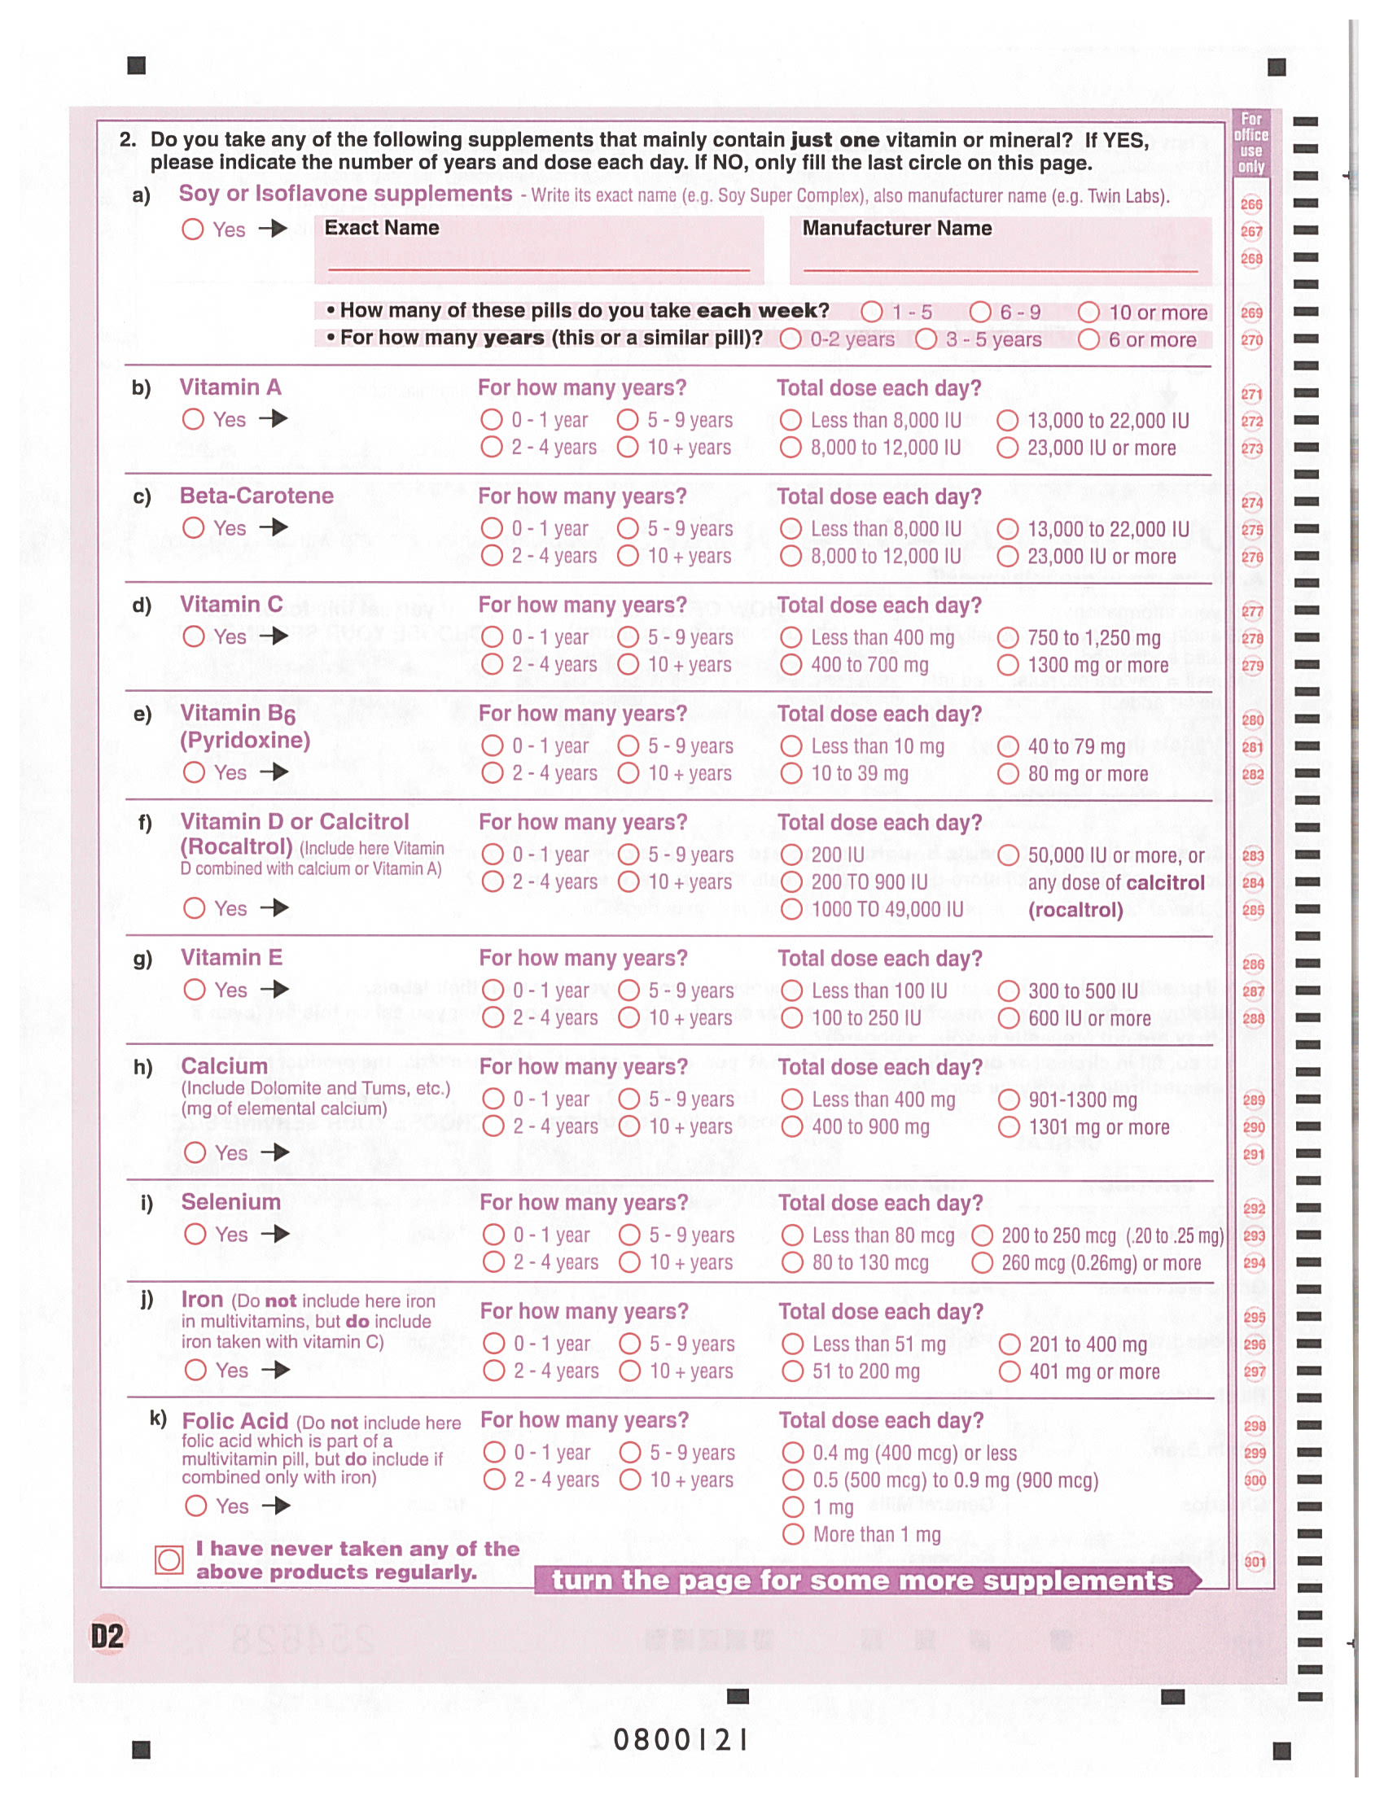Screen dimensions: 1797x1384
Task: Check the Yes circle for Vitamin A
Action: (x=194, y=420)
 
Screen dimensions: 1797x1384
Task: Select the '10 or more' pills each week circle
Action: (x=1088, y=313)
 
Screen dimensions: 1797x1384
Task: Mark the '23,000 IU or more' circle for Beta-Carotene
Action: (x=1008, y=557)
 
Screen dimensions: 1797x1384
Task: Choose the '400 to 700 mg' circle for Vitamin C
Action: (x=791, y=665)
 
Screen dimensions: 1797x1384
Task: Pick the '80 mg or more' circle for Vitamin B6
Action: (x=1008, y=774)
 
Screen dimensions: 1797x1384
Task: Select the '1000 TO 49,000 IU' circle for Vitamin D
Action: (x=791, y=909)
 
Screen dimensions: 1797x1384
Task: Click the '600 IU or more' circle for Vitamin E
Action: (x=1009, y=1019)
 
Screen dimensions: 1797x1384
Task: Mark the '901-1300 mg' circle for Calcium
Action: (x=1009, y=1100)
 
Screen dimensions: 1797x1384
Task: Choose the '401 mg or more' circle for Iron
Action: (x=1010, y=1371)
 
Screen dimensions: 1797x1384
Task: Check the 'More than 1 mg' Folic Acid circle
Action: (x=793, y=1533)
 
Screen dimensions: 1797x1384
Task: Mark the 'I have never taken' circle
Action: (x=169, y=1560)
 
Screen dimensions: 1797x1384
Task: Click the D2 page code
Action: (x=107, y=1637)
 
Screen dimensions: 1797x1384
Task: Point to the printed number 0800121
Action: (x=681, y=1740)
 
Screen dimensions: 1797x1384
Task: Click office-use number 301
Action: (x=1255, y=1562)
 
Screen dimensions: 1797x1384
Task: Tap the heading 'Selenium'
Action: (x=230, y=1202)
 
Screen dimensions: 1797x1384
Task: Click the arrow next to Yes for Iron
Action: (x=276, y=1370)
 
